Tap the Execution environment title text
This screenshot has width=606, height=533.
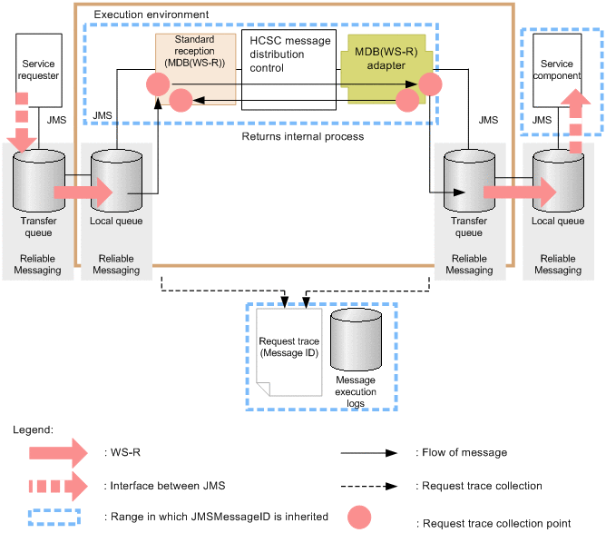151,15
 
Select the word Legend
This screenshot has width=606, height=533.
34,429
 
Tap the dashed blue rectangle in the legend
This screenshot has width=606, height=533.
54,517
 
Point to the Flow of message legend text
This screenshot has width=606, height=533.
460,452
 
